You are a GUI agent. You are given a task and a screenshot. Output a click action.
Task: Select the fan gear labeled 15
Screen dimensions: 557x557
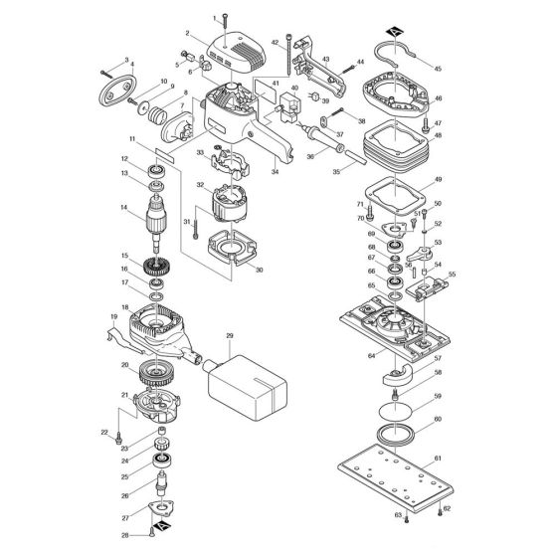pyautogui.click(x=155, y=267)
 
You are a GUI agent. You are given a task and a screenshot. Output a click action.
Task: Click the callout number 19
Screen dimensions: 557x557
pyautogui.click(x=112, y=316)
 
